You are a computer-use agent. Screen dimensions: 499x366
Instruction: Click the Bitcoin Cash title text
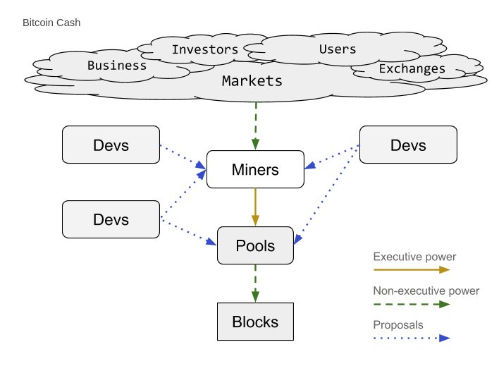[51, 23]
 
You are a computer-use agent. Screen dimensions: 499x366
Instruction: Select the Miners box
[255, 169]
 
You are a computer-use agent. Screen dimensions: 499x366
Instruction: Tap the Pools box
[255, 245]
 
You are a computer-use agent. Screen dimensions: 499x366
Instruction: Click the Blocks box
[255, 322]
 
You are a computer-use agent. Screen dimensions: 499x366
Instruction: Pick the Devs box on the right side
[408, 145]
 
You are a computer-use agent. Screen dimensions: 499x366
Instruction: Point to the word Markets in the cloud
[252, 81]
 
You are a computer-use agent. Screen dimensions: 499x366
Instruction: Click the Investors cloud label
[205, 49]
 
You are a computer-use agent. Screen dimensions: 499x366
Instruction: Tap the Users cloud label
[338, 49]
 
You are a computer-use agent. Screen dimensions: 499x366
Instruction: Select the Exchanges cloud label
[412, 69]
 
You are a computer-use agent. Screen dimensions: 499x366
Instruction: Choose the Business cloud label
[117, 66]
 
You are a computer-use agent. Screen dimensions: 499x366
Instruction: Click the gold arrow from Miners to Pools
[255, 207]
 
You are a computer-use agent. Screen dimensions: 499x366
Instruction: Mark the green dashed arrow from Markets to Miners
[256, 126]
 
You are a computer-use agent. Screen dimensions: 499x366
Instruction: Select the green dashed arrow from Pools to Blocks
[255, 283]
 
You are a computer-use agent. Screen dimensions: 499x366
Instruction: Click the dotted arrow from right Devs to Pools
[327, 194]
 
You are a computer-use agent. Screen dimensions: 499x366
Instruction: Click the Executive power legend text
[414, 257]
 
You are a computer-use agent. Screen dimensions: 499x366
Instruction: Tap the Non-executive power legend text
[426, 291]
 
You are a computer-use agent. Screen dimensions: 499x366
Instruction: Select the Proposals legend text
[398, 325]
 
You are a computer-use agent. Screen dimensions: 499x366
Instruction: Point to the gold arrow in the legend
[412, 270]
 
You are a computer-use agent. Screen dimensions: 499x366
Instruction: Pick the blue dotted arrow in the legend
[412, 338]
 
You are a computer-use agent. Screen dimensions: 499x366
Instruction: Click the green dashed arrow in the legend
[412, 304]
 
